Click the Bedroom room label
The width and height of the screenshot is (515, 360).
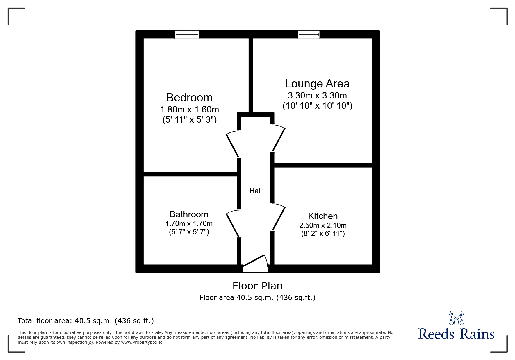coord(189,98)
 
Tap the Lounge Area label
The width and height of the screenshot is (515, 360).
coord(317,84)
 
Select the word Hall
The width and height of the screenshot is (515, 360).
coord(255,191)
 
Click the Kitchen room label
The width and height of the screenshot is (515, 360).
coord(323,216)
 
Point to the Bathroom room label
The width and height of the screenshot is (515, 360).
coord(189,214)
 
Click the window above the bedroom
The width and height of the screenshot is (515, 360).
coord(187,35)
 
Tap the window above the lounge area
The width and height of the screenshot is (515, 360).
coord(309,35)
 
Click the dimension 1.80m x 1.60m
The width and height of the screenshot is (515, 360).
coord(189,110)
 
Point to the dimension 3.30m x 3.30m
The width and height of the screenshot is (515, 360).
coord(317,96)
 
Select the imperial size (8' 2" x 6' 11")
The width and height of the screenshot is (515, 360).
coord(323,234)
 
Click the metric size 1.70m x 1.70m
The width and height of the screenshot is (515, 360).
coord(189,224)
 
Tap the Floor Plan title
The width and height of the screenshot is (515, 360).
coord(257,286)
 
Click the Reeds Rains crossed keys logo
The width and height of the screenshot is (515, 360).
coord(456,318)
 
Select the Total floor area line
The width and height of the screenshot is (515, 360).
coord(86,321)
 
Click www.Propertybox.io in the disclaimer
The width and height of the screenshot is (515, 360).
coord(142,342)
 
